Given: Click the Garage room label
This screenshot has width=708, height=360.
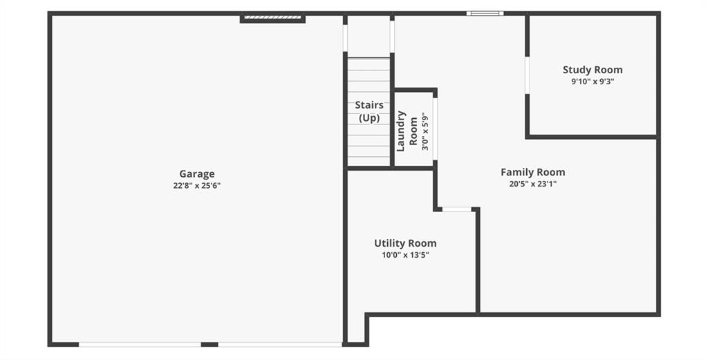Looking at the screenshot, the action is point(197,174).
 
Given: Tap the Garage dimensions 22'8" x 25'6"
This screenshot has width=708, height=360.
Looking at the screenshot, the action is point(197,185).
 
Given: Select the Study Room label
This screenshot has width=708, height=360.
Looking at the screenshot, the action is point(593,70).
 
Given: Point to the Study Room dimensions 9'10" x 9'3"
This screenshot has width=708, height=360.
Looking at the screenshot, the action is point(593,82).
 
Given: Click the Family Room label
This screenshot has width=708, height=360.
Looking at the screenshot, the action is point(533,172).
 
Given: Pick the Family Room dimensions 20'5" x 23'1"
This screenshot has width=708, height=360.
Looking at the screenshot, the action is point(533,184).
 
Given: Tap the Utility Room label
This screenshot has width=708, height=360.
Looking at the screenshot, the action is point(405,244).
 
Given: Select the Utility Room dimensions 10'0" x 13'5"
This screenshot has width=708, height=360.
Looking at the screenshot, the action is point(405,256).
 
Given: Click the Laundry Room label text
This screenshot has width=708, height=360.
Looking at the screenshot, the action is point(407,131).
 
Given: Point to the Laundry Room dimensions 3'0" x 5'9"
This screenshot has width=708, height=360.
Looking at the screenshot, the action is point(425,131).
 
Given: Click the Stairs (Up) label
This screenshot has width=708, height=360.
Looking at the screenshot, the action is point(369,111).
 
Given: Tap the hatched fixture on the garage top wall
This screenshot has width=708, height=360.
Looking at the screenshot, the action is point(272,17).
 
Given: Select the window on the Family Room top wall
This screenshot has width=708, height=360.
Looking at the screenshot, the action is point(485,14).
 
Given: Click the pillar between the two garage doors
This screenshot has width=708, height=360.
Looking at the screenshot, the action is point(209,344).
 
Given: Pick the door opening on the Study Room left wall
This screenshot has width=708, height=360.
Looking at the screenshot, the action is point(527,75).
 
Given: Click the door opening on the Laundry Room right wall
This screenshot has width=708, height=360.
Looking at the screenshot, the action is point(435,129).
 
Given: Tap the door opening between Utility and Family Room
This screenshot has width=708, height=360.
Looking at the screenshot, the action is point(457,209).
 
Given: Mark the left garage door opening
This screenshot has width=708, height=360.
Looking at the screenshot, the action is point(140,344).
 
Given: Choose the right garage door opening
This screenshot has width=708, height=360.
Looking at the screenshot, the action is point(280,344).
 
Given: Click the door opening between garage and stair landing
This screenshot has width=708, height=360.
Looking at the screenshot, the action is point(345,38).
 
